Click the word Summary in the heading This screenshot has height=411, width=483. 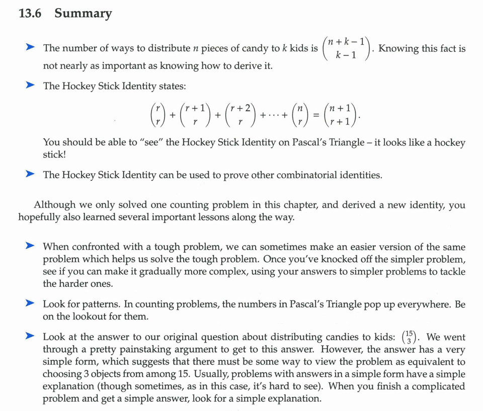coord(83,14)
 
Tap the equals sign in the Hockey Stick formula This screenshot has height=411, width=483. coord(316,115)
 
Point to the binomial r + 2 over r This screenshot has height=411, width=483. coord(239,115)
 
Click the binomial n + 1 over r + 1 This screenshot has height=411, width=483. coord(342,115)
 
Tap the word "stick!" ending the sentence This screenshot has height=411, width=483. coord(55,155)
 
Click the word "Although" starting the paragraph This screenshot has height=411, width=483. coord(54,205)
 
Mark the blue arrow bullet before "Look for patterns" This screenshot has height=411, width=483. coord(31,304)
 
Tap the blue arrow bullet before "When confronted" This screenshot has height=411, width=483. coord(31,247)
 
